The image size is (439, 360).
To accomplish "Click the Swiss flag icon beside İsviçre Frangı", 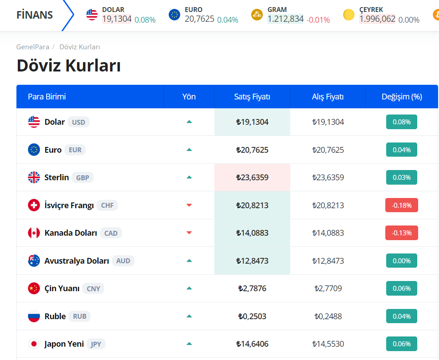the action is (34, 205).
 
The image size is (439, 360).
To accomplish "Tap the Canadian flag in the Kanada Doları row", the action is (34, 233).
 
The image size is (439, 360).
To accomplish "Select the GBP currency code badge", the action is (83, 178).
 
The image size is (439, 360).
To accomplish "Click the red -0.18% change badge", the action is (401, 205).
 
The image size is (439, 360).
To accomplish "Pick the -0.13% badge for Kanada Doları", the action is (401, 233).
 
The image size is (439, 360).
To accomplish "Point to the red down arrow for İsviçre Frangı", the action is (189, 205).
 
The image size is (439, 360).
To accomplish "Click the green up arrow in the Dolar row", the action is (189, 122).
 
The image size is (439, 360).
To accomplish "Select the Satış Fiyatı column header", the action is (252, 97).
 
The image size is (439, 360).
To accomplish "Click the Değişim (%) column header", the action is (402, 97).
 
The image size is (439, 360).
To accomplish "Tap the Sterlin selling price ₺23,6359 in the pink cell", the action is (252, 178).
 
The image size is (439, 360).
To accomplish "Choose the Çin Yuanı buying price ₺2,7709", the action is (328, 289).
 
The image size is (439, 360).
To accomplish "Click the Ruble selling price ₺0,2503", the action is (252, 316).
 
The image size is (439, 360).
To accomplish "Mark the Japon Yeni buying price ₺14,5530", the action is (328, 344).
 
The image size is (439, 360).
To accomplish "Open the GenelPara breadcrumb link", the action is (33, 47).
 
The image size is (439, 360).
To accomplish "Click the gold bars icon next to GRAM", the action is (257, 15).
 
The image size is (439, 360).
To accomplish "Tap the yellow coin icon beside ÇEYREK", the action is (349, 15).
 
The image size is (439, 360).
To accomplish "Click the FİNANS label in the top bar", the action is (35, 15).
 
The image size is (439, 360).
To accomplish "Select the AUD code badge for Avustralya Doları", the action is (123, 261).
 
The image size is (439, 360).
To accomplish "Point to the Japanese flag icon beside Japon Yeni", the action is (34, 344).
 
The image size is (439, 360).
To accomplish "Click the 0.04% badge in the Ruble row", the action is (401, 316).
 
